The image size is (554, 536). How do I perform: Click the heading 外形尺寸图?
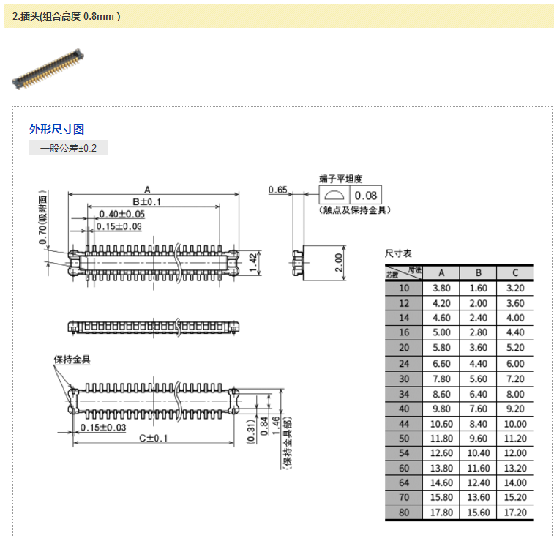[x=56, y=130]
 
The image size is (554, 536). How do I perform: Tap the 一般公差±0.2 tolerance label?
[x=68, y=148]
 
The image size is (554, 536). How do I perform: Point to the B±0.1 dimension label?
[x=146, y=201]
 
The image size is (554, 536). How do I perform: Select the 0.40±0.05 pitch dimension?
[x=121, y=214]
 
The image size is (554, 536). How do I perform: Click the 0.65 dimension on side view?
[x=277, y=190]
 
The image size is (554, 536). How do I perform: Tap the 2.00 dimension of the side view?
[x=338, y=261]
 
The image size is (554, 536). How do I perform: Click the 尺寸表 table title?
[x=399, y=253]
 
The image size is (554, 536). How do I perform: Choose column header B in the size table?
[x=478, y=272]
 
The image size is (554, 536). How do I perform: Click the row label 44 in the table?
[x=404, y=423]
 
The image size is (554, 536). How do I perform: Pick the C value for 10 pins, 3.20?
[x=515, y=288]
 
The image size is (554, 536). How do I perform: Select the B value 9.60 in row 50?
[x=478, y=439]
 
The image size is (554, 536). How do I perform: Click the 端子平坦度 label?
[x=341, y=178]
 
